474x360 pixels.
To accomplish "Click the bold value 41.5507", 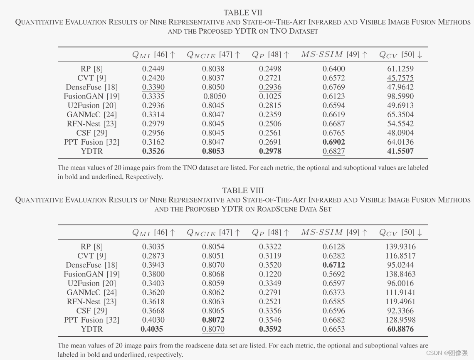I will pyautogui.click(x=400, y=151).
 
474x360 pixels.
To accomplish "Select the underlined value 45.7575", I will pyautogui.click(x=400, y=78).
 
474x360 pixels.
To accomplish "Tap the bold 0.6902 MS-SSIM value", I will pyautogui.click(x=333, y=142).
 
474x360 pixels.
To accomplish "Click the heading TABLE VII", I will pyautogui.click(x=243, y=12).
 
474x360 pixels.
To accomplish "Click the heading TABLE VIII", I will pyautogui.click(x=243, y=190).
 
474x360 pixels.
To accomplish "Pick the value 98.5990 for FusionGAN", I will pyautogui.click(x=400, y=96).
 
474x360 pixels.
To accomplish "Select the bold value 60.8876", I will pyautogui.click(x=400, y=329).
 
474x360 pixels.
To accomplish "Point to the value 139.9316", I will pyautogui.click(x=400, y=247).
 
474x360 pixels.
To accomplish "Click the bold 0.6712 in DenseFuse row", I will pyautogui.click(x=333, y=265).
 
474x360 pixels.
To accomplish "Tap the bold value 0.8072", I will pyautogui.click(x=213, y=320).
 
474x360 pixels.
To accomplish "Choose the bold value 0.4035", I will pyautogui.click(x=153, y=329).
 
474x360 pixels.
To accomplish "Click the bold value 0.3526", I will pyautogui.click(x=153, y=151).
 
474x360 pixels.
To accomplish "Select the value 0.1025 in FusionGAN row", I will pyautogui.click(x=270, y=96).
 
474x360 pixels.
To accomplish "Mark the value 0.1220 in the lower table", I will pyautogui.click(x=270, y=274).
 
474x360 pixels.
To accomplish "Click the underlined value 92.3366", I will pyautogui.click(x=400, y=311).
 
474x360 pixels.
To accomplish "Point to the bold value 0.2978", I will pyautogui.click(x=270, y=151).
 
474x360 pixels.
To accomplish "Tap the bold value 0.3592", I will pyautogui.click(x=270, y=329).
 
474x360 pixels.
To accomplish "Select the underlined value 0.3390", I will pyautogui.click(x=153, y=87).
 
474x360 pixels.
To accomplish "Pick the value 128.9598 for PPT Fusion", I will pyautogui.click(x=400, y=320).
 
